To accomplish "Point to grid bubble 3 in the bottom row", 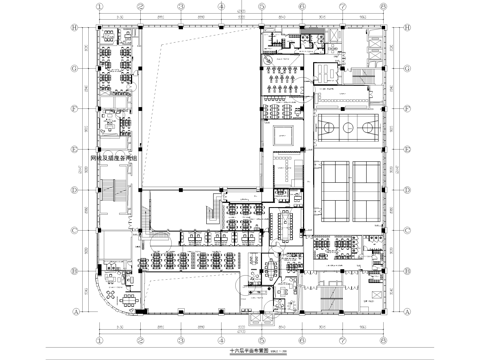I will (x=181, y=332).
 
